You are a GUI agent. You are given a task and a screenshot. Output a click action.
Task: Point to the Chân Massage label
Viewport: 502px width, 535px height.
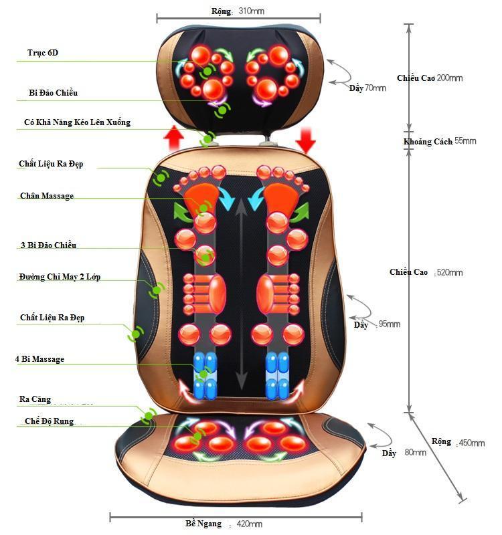(47, 196)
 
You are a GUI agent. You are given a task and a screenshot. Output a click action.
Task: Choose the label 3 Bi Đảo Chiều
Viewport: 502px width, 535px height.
(48, 245)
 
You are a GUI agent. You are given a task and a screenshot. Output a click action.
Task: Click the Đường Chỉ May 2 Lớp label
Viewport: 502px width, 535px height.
(60, 277)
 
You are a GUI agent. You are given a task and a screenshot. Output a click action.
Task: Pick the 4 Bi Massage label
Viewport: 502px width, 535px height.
(40, 359)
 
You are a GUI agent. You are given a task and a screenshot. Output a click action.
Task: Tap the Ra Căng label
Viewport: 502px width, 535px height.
(35, 399)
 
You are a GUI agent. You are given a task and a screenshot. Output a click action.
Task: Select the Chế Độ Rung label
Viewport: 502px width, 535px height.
(49, 421)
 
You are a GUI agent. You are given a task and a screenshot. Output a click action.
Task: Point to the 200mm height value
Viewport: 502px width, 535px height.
(448, 78)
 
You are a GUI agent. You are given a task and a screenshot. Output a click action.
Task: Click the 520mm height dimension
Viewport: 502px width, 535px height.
(448, 273)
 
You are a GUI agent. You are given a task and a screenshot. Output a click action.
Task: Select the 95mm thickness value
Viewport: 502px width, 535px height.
(389, 324)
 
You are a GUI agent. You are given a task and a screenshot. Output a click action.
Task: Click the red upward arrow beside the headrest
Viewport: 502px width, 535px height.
(174, 139)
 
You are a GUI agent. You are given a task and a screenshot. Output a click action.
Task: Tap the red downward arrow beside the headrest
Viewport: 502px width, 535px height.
(306, 139)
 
